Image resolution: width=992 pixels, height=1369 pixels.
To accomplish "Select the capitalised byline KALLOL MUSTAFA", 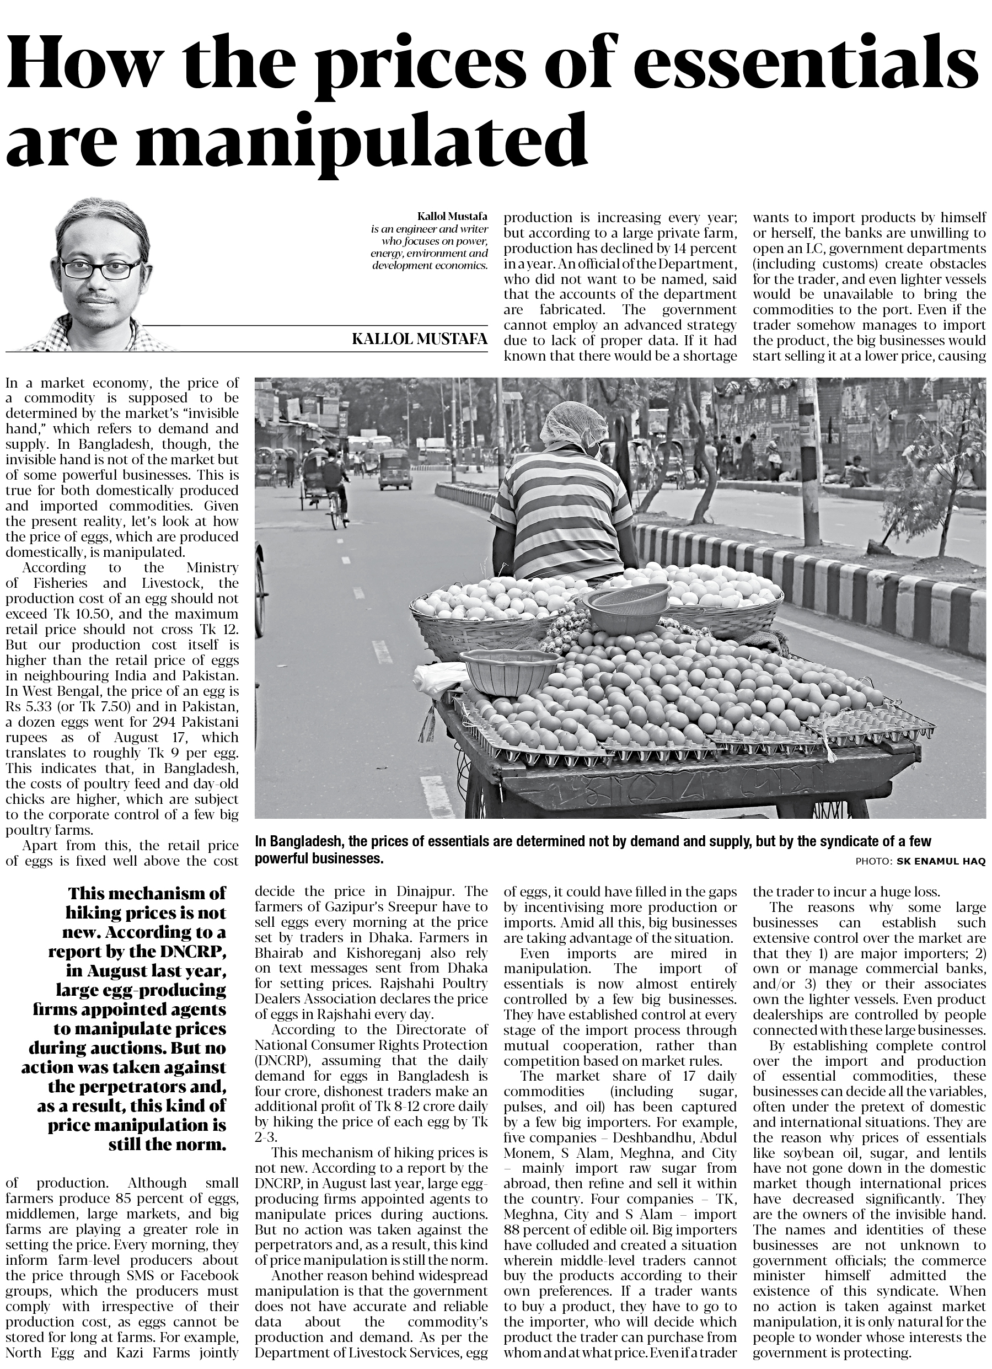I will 419,339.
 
